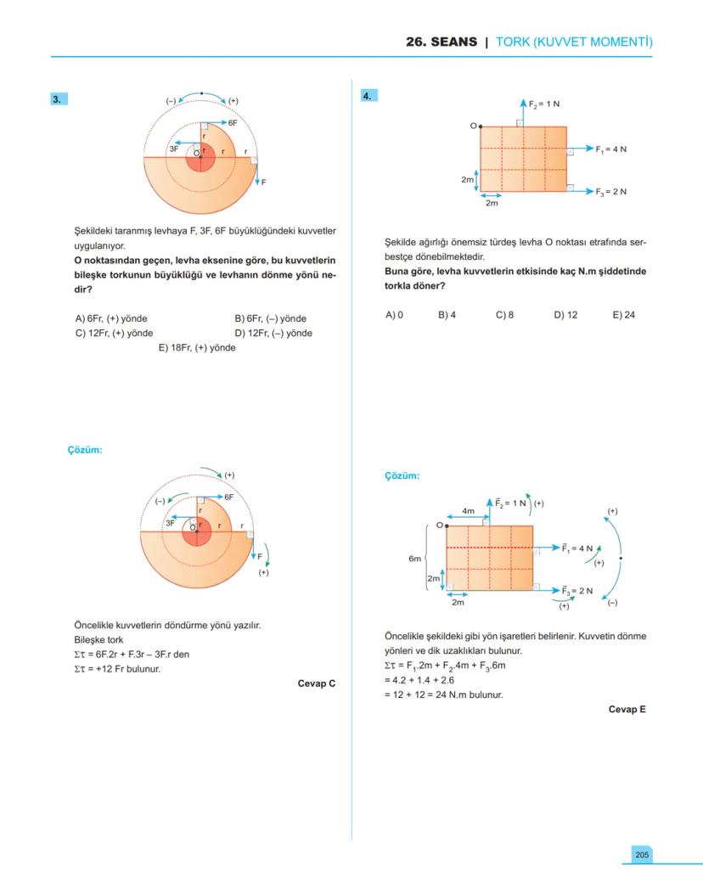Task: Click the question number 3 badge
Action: [x=59, y=98]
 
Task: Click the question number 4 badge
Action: [x=368, y=96]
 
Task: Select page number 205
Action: [x=642, y=854]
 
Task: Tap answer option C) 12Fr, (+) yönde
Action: [x=114, y=333]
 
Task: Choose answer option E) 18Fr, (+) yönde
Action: [x=197, y=347]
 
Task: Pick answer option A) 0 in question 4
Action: [x=394, y=315]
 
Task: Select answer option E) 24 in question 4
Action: [x=623, y=315]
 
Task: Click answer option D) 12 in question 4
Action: [x=565, y=315]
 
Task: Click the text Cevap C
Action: [x=317, y=683]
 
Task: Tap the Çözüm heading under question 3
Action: [x=85, y=450]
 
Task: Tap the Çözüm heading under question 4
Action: [x=402, y=476]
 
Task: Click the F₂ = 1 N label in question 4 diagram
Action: [x=544, y=104]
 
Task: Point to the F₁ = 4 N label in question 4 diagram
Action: [x=610, y=149]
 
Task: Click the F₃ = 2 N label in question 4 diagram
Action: [x=610, y=191]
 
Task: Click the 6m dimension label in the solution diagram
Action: [x=414, y=559]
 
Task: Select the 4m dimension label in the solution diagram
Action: [x=468, y=511]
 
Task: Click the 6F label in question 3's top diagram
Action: [x=232, y=123]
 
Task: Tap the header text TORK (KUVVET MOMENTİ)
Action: [x=574, y=42]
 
